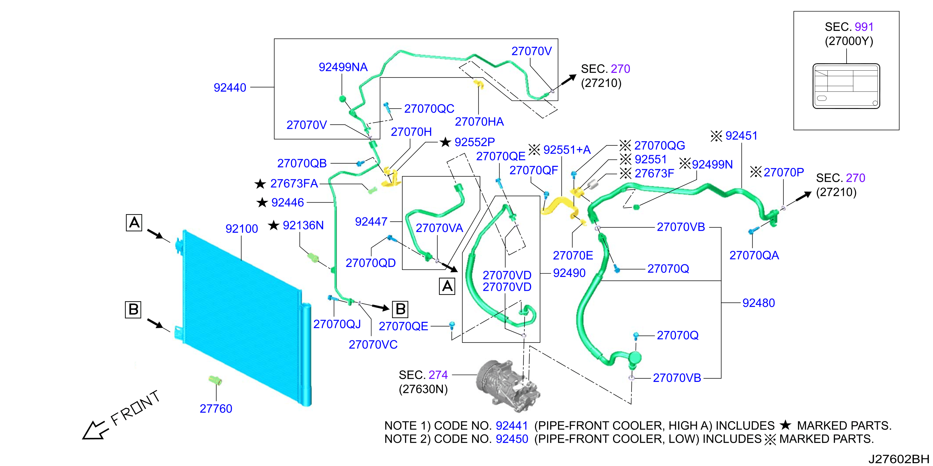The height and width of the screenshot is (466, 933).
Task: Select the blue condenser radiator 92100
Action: click(x=243, y=318)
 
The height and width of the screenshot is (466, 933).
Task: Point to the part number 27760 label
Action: click(x=216, y=409)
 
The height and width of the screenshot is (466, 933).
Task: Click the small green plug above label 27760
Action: click(x=215, y=380)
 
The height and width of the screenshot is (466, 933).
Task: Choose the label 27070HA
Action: click(x=479, y=122)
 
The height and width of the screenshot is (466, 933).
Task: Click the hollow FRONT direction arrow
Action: click(x=95, y=430)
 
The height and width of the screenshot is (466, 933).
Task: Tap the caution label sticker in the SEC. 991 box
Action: click(x=846, y=86)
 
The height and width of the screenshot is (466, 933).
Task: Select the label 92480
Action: click(x=759, y=303)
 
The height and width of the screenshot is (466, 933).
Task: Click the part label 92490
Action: click(x=569, y=273)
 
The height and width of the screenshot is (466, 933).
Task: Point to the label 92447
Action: click(x=371, y=221)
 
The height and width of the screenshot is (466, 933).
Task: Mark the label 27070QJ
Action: click(x=337, y=324)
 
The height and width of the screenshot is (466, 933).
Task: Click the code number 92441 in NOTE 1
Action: click(x=512, y=425)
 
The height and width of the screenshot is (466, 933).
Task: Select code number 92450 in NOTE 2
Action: click(x=512, y=439)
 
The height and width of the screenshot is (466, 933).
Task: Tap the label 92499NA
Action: click(x=343, y=67)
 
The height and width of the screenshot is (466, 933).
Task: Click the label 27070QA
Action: click(x=754, y=255)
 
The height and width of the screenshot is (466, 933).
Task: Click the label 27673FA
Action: click(x=294, y=183)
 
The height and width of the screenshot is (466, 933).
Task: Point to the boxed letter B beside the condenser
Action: click(x=133, y=309)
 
